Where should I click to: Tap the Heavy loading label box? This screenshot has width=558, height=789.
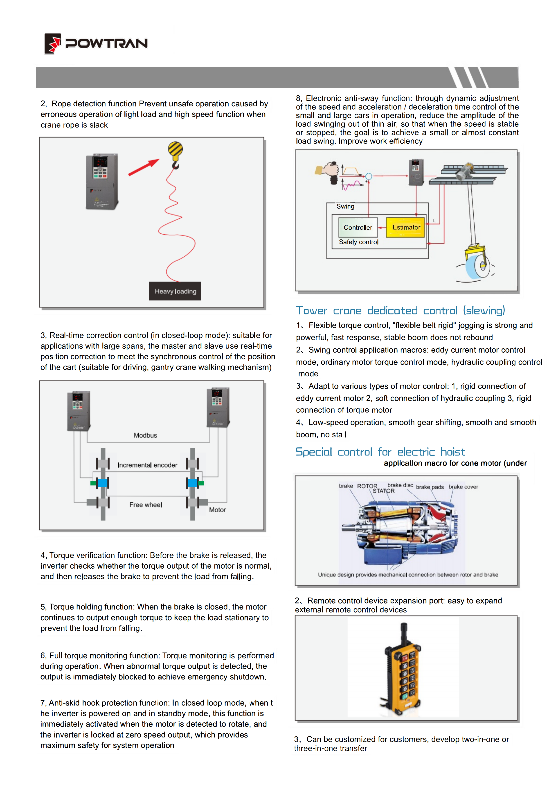pyautogui.click(x=175, y=291)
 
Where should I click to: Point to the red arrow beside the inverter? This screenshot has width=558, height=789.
pyautogui.click(x=144, y=167)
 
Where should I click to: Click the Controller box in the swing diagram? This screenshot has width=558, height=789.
pyautogui.click(x=358, y=227)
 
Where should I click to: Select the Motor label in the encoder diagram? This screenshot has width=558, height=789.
pyautogui.click(x=217, y=510)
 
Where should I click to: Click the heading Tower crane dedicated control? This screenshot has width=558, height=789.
pyautogui.click(x=400, y=311)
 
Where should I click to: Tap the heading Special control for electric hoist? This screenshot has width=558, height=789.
pyautogui.click(x=380, y=452)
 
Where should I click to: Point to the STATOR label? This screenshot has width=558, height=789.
pyautogui.click(x=384, y=491)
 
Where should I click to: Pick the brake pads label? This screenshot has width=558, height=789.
pyautogui.click(x=430, y=487)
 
